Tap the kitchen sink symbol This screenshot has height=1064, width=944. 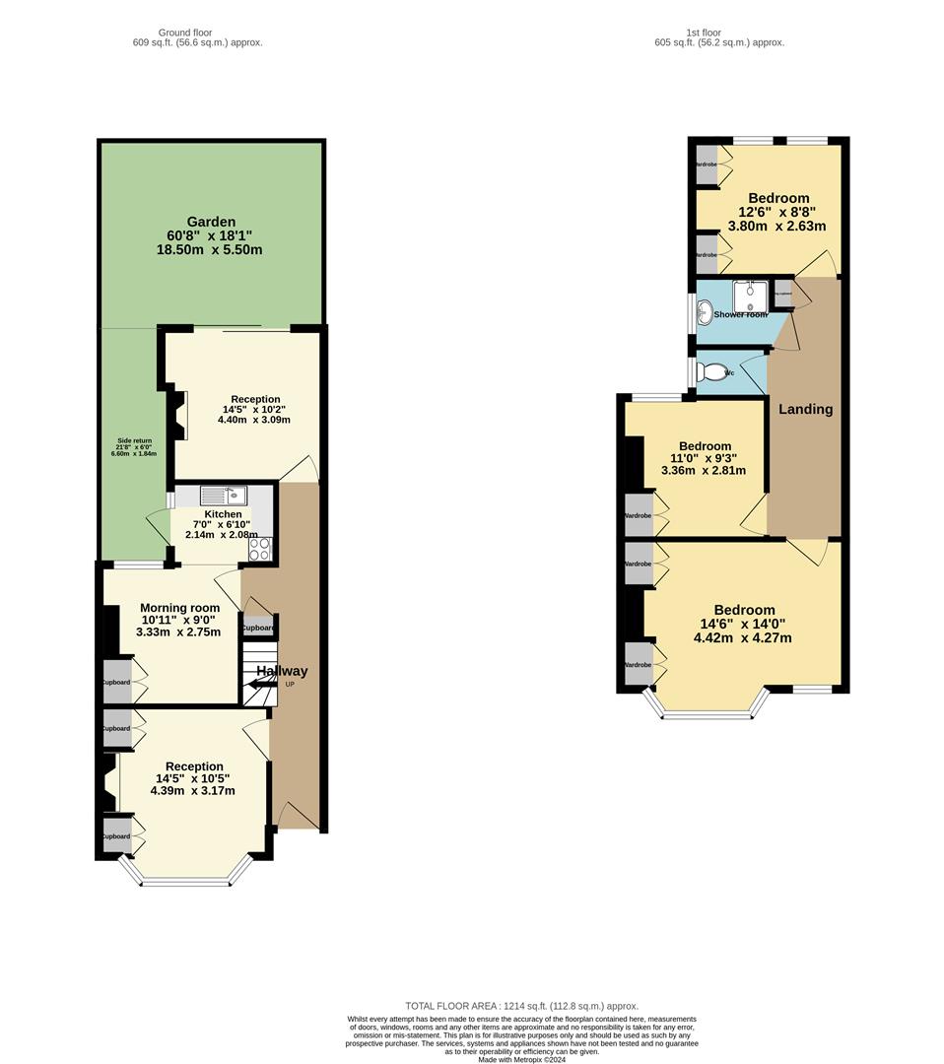(x=225, y=495)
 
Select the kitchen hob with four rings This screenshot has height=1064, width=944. (x=261, y=549)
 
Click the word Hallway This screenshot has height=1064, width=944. (x=282, y=671)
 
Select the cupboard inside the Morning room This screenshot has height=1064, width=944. (x=117, y=682)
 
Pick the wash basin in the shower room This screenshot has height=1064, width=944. (x=705, y=313)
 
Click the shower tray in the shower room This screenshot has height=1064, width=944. (x=751, y=295)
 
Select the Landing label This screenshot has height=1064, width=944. (x=805, y=409)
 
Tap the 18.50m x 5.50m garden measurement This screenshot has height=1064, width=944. (x=209, y=250)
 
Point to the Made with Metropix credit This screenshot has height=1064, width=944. (x=521, y=1059)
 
